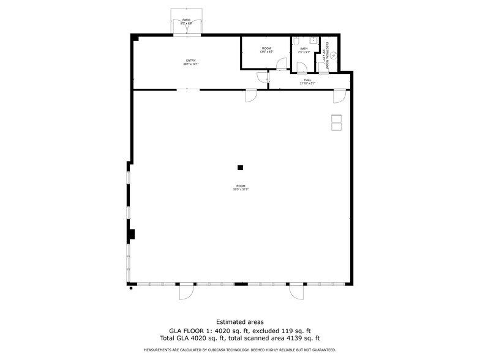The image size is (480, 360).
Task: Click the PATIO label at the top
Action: pos(186,20)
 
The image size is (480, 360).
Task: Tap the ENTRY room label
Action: pos(190,60)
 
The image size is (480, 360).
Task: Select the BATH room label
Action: pos(303,48)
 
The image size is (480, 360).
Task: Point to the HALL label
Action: pos(307,80)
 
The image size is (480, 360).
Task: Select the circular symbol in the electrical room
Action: pos(334,54)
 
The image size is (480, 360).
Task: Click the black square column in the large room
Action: pos(240,167)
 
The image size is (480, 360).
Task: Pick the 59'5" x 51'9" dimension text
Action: pos(240,189)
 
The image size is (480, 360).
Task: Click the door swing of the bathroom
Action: pos(301,68)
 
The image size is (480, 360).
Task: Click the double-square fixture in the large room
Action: pos(336,122)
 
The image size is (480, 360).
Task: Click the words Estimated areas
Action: pos(240,321)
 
